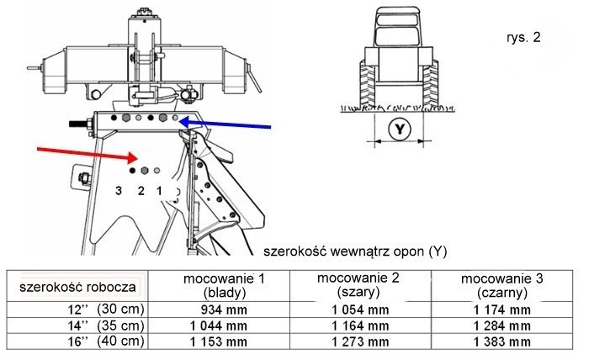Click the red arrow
[x=80, y=152]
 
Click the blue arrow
[x=227, y=124]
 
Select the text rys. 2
[x=523, y=39]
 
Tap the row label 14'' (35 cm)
[x=112, y=326]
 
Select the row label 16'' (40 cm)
[x=112, y=341]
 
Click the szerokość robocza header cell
[x=78, y=286]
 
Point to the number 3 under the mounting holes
[x=119, y=192]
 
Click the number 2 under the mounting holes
[x=141, y=192]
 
